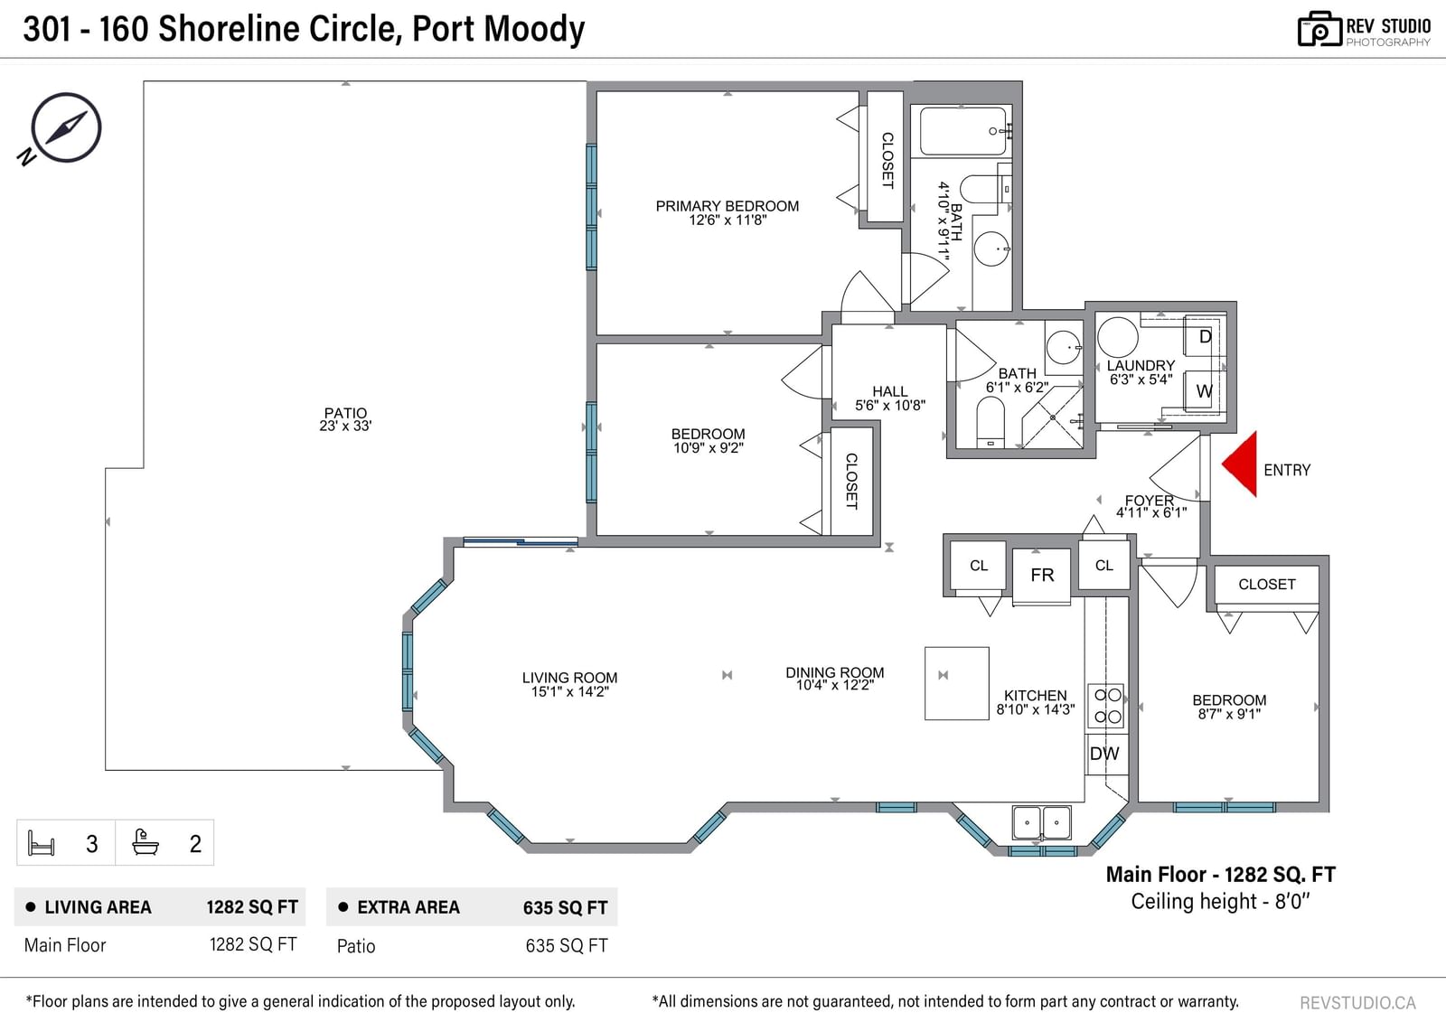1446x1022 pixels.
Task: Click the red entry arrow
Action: [1243, 464]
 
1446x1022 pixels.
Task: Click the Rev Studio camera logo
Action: [1319, 29]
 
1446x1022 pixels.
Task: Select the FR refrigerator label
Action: [1042, 576]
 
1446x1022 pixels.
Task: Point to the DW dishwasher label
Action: [1103, 754]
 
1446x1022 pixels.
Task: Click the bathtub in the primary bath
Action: [962, 131]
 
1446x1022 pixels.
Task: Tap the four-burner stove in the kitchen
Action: [1107, 706]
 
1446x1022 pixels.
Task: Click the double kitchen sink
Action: [1041, 822]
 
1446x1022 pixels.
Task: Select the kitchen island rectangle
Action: [957, 683]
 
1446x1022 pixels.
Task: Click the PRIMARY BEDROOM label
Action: [728, 206]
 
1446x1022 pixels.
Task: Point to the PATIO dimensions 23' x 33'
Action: [345, 427]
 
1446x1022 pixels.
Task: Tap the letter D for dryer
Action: [1205, 336]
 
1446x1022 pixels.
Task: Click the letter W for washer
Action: [1204, 391]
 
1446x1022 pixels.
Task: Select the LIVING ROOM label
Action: [570, 678]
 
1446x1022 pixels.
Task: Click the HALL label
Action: [890, 391]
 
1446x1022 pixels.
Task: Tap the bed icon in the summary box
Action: [42, 843]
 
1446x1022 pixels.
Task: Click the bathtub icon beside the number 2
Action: [146, 842]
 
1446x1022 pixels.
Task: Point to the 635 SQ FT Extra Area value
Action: [565, 908]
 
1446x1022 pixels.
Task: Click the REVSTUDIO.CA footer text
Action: [1357, 1003]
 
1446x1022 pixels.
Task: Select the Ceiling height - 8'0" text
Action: [1220, 901]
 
